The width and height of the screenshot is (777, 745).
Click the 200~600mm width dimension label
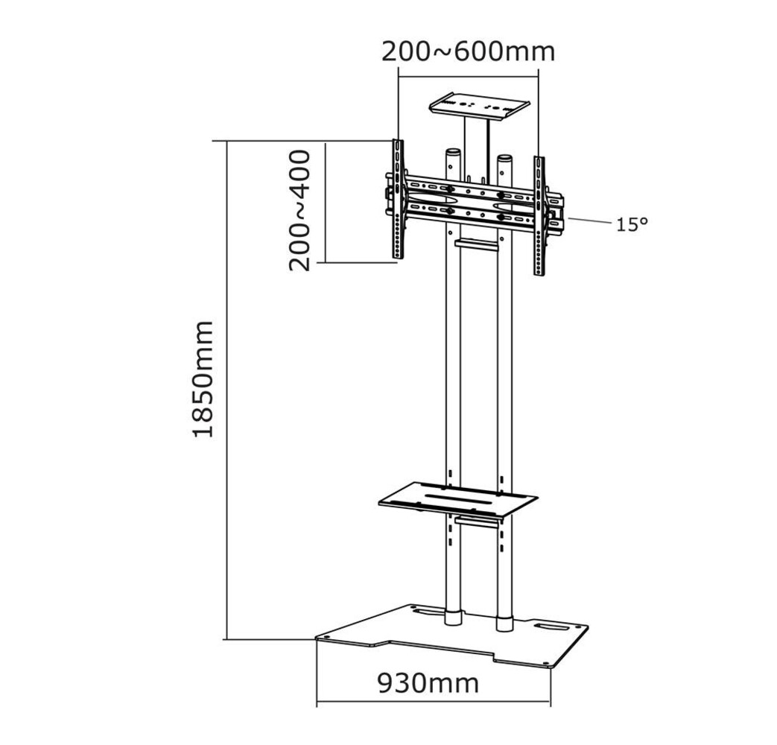468,51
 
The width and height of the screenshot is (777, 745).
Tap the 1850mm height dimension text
203,378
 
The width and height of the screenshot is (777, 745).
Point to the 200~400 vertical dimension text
299,210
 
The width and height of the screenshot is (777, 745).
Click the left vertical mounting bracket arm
398,200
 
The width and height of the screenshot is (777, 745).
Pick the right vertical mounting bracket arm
539,216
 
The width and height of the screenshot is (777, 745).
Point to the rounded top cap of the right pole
505,158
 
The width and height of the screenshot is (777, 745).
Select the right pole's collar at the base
505,623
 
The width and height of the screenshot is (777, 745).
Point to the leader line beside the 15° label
589,221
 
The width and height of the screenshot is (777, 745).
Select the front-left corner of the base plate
318,638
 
